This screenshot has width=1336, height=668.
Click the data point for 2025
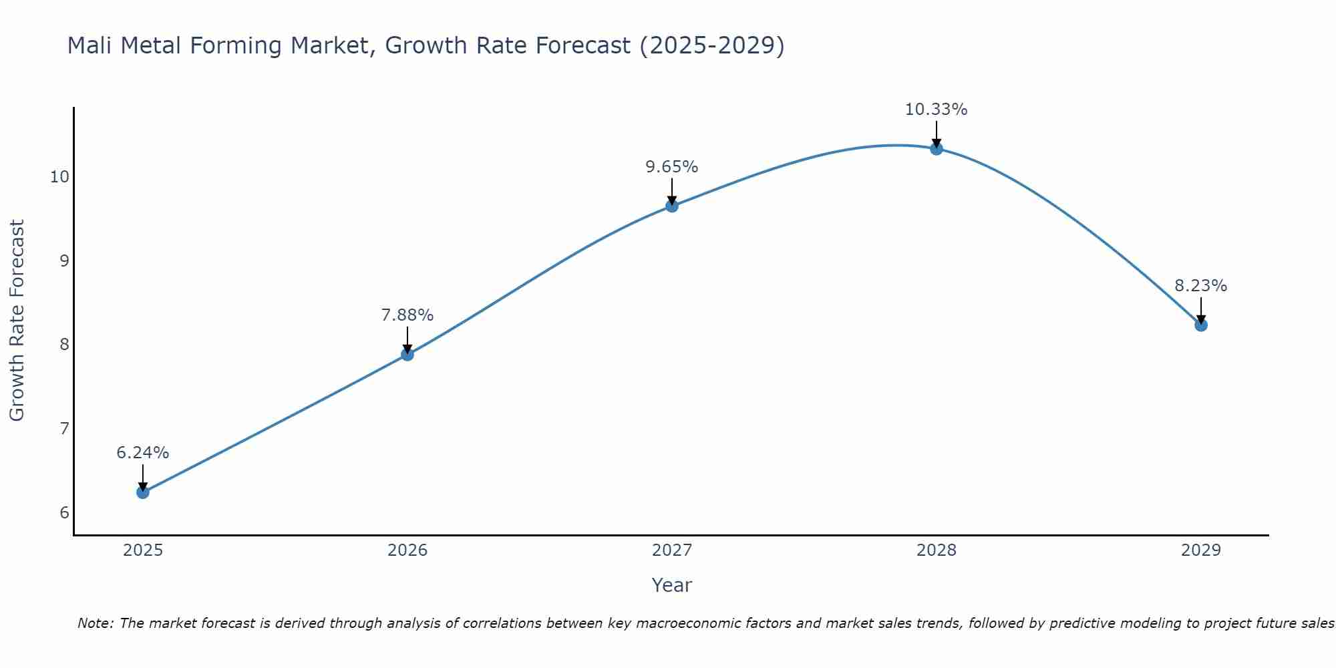click(143, 492)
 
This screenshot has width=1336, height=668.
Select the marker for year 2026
click(407, 355)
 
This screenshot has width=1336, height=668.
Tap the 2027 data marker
click(672, 206)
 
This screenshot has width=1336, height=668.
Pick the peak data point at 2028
click(937, 149)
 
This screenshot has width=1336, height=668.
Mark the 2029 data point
click(1201, 325)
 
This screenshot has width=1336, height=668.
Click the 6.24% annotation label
click(143, 453)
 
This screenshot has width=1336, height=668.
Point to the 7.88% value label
click(407, 315)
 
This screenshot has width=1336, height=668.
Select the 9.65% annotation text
click(672, 167)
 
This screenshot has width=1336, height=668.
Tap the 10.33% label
click(937, 110)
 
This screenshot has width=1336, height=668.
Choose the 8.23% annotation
click(1201, 286)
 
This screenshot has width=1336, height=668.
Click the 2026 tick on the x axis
click(407, 550)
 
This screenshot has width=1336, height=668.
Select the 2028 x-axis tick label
click(937, 550)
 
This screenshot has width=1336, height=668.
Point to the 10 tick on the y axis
click(59, 177)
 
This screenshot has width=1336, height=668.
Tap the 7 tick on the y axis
click(64, 428)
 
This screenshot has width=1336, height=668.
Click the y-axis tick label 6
click(64, 512)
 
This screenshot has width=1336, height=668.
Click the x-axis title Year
click(672, 585)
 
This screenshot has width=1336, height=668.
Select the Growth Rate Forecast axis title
click(17, 321)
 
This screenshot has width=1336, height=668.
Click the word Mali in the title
click(89, 46)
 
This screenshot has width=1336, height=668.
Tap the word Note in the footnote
click(96, 623)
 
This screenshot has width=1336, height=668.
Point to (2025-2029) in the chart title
click(712, 46)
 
